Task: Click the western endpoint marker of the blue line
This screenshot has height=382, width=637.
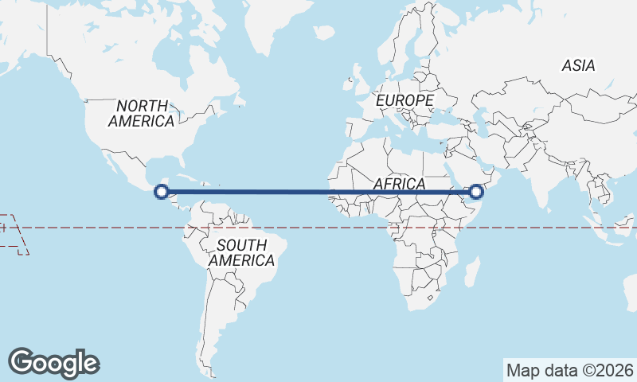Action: click(x=162, y=191)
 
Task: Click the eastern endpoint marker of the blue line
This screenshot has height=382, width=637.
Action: click(x=476, y=191)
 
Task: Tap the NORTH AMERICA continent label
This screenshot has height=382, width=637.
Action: click(x=142, y=113)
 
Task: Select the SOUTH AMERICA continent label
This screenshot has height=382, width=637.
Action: click(x=242, y=252)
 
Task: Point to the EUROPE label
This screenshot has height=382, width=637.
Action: click(x=404, y=101)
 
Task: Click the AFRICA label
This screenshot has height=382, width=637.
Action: click(x=400, y=184)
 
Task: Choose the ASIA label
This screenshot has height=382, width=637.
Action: click(x=578, y=66)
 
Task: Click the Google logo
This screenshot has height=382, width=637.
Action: click(x=53, y=362)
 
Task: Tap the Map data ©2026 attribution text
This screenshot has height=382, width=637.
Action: click(x=569, y=370)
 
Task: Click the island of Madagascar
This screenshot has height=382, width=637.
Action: click(x=470, y=267)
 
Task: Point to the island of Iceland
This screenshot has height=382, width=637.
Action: click(x=324, y=33)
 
